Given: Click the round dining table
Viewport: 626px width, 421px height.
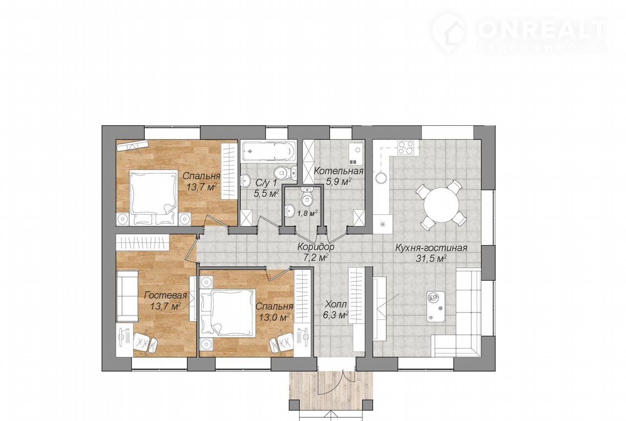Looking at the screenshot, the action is (441, 205).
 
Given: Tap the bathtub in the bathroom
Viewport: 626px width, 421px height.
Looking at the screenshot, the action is (268, 151).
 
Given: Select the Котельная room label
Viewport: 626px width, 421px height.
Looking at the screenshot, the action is (339, 171).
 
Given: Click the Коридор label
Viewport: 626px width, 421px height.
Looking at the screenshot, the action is (316, 247).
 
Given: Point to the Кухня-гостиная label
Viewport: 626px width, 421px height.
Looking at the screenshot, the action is (431, 248).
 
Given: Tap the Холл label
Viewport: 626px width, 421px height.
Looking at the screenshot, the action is (336, 304).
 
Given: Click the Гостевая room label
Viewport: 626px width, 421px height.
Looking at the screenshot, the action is (166, 295).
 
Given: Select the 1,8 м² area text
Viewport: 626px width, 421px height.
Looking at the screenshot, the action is (307, 214).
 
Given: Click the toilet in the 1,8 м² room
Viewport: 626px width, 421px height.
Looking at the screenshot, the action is (307, 197).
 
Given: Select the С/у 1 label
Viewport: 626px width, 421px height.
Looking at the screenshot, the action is (267, 183).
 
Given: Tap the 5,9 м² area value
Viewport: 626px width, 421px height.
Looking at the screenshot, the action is (339, 182).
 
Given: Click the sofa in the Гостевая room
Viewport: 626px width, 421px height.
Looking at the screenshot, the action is (128, 296).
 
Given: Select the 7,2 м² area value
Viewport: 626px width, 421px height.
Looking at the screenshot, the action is (316, 257).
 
